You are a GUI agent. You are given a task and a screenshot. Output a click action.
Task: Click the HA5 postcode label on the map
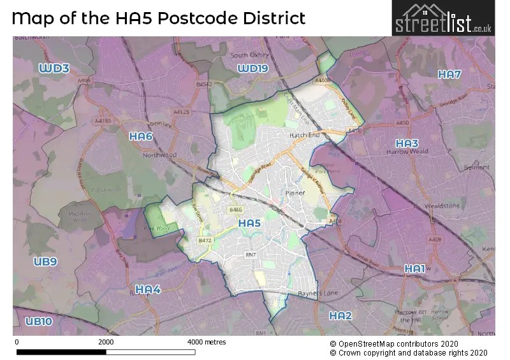coord(249,223)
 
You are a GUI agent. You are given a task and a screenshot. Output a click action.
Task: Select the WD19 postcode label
coord(252,68)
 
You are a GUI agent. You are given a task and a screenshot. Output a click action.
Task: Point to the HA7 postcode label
coord(449,75)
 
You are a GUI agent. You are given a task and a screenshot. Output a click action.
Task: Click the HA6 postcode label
coord(140,136)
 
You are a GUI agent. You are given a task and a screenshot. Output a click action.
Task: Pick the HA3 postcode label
coord(407,143)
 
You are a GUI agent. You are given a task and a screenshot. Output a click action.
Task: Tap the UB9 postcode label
coord(46,261)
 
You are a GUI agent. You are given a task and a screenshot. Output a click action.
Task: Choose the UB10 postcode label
coord(38,322)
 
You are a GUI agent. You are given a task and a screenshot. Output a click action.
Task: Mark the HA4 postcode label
coord(148,289)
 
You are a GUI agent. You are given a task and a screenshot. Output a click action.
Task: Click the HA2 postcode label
coord(340,315)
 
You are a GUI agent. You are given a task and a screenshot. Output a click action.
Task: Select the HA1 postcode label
coord(414,269)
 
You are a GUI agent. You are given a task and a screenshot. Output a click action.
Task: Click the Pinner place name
coord(296,192)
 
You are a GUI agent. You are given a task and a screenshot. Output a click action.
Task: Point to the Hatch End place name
coord(304,136)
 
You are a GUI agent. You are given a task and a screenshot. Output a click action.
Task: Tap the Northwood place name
coord(160,155)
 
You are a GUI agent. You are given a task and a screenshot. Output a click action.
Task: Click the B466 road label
coord(237,209)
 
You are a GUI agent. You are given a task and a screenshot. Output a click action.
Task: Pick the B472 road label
coord(205,240)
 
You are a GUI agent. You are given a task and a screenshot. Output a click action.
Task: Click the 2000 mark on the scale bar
coord(106,342)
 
